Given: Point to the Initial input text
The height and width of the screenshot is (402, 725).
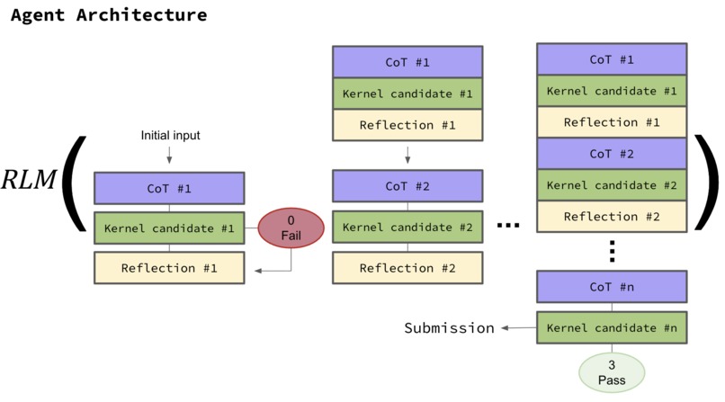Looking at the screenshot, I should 169,135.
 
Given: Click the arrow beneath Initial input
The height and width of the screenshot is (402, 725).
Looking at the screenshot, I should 169,156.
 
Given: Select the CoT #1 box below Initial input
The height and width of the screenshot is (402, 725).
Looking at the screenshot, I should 169,189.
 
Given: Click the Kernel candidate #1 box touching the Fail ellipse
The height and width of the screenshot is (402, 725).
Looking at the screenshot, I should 169,228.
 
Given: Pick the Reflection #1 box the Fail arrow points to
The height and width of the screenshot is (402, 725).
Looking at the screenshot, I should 169,268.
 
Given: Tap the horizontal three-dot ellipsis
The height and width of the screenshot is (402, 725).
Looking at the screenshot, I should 508,228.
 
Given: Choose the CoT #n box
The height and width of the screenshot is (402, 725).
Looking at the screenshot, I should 612,289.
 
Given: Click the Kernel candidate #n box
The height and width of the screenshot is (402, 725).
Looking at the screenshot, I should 612,327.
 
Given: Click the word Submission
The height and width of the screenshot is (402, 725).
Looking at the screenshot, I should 449,327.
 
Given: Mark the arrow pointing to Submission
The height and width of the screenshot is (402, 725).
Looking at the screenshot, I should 517,327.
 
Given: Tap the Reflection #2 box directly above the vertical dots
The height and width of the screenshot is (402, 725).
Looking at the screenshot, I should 612,217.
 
